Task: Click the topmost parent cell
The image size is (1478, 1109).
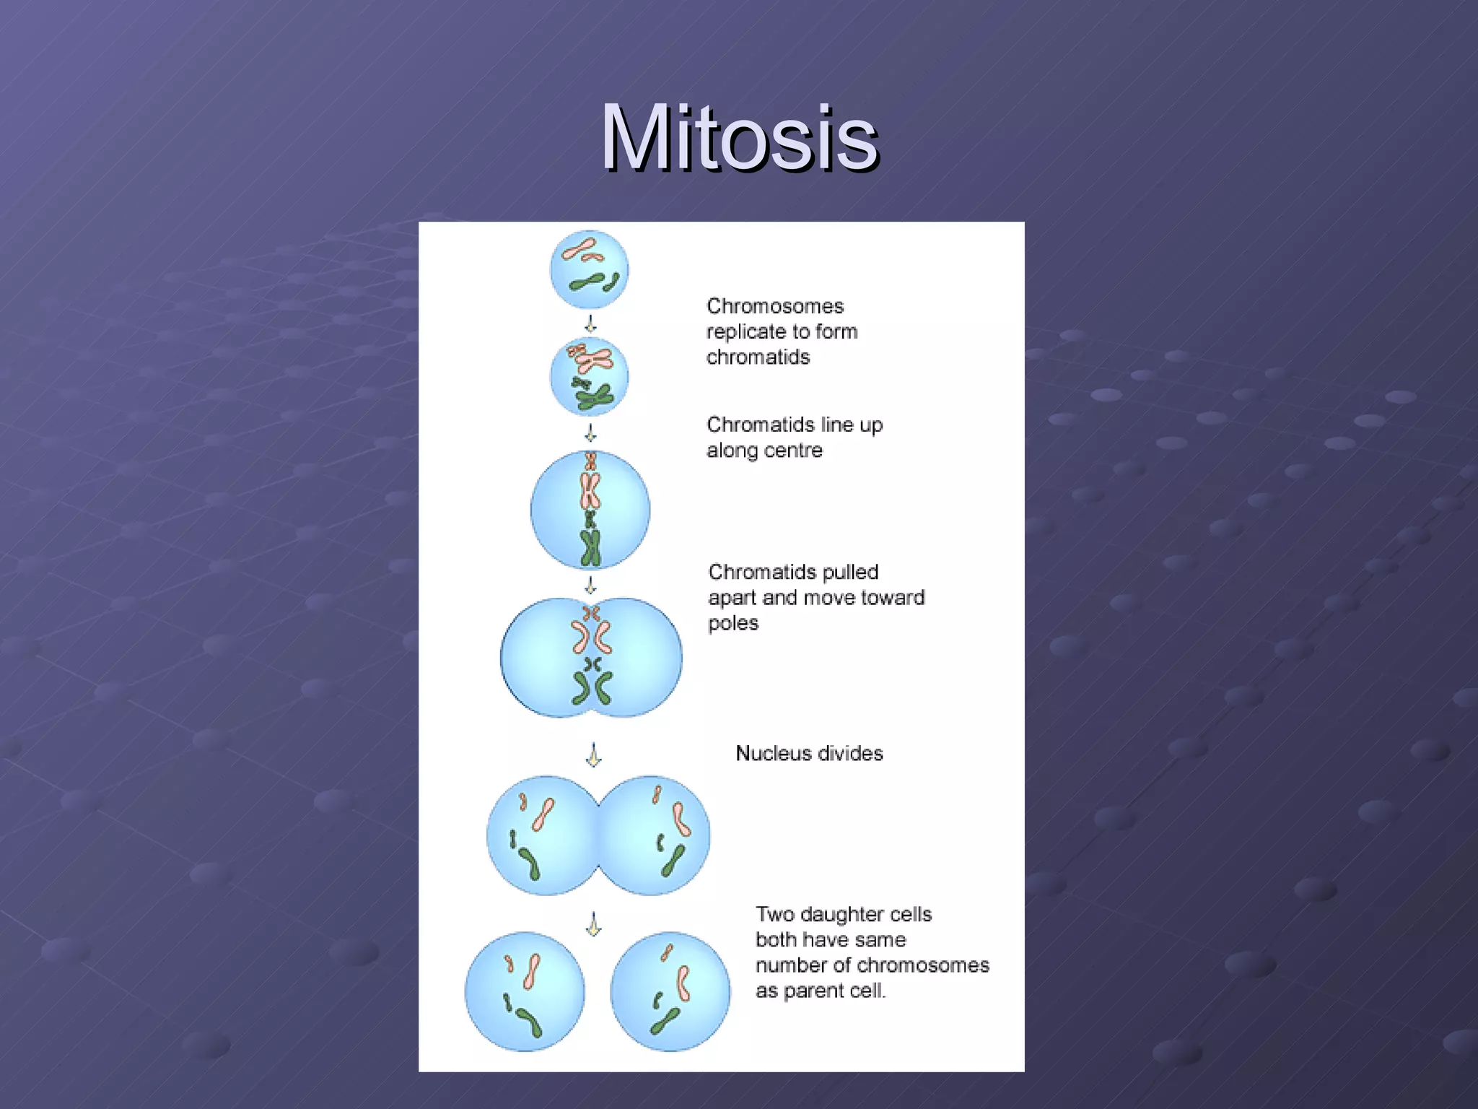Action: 589,269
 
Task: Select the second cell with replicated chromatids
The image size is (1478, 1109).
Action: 589,376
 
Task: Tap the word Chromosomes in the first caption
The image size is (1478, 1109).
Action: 774,306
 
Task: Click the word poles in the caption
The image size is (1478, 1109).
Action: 733,623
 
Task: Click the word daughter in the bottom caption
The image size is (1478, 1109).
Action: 844,914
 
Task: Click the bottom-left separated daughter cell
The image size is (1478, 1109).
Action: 524,991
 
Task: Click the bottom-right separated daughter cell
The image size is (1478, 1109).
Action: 670,991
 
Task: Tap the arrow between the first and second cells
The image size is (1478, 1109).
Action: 590,323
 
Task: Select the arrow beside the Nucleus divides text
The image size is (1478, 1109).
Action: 593,754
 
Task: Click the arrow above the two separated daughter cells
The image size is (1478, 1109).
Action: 593,923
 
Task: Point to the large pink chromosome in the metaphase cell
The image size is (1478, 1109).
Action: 590,492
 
